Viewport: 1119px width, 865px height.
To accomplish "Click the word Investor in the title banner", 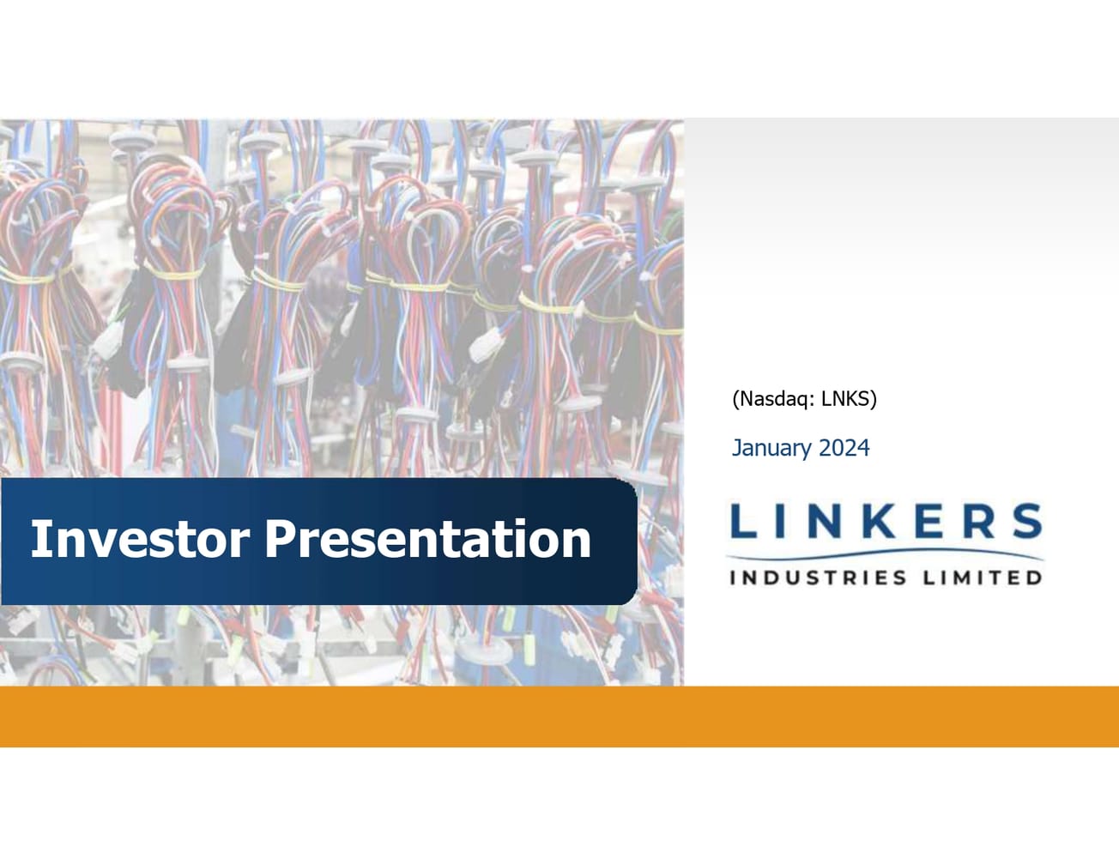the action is pos(140,538).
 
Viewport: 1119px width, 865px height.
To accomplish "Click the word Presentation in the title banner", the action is pos(428,538).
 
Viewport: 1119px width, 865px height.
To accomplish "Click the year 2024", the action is pos(844,447).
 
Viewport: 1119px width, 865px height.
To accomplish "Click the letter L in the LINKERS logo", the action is pos(743,520).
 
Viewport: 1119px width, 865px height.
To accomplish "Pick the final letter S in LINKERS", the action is pos(1026,520).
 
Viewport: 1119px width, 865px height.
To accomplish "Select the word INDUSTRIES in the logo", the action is pos(818,578).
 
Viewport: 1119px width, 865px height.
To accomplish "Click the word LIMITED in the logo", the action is pos(982,578).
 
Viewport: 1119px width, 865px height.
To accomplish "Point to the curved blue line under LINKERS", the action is pos(885,553).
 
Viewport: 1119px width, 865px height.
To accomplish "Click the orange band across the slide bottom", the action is pos(559,717).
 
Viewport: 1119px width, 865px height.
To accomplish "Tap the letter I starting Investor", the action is pos(38,538).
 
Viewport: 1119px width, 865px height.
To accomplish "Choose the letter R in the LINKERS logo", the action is pos(980,520).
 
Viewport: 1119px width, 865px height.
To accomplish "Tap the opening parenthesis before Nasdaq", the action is pos(735,400).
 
